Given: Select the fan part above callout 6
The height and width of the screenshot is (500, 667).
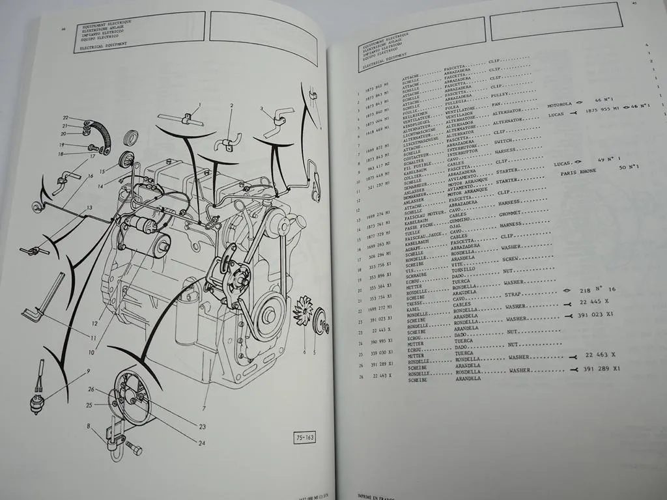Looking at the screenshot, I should (303, 312).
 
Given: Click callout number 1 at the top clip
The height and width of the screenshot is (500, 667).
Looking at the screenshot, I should (199, 104).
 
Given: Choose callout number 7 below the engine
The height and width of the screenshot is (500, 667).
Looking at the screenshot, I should (204, 408).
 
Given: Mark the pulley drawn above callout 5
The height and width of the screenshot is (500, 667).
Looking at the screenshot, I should (320, 323).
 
